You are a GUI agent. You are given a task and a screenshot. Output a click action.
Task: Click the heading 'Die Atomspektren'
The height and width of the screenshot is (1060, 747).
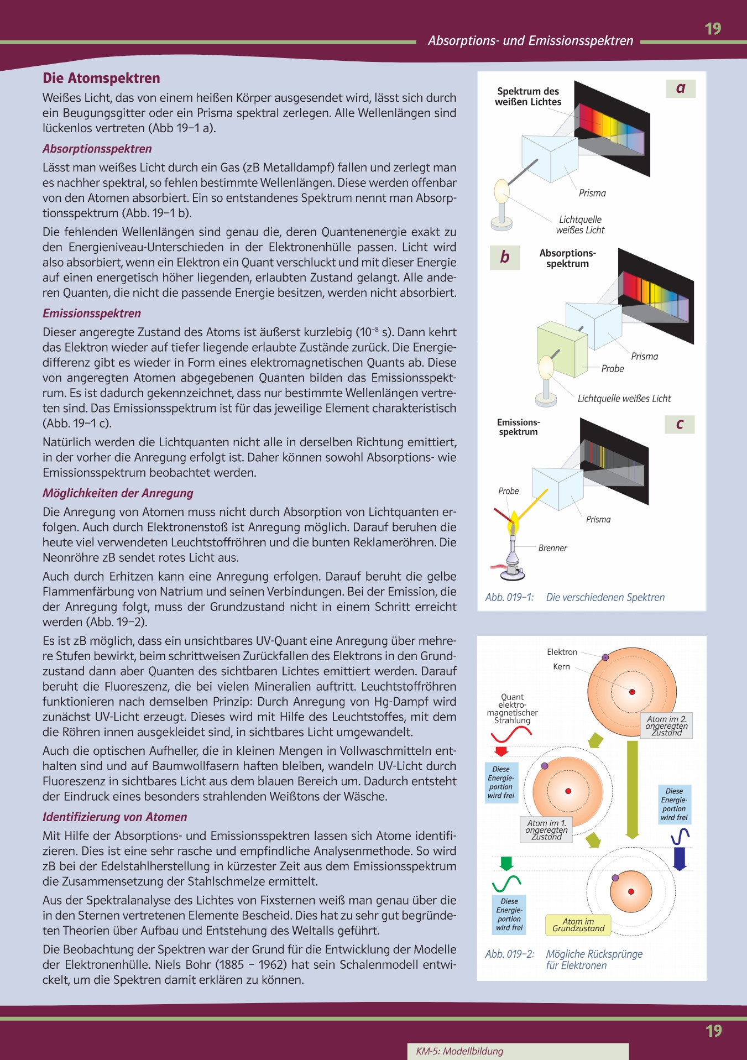[x=101, y=79]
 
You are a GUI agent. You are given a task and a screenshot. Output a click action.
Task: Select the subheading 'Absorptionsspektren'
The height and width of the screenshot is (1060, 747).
[x=97, y=149]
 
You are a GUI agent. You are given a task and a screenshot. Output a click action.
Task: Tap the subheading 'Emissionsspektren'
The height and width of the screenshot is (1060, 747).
[x=92, y=314]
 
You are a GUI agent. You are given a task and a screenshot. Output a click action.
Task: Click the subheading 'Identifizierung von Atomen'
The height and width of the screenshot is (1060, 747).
[x=114, y=817]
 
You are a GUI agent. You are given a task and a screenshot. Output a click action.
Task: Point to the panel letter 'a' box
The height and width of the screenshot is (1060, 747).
[x=681, y=88]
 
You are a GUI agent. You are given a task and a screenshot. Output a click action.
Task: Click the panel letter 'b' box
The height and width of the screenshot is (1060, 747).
[x=505, y=257]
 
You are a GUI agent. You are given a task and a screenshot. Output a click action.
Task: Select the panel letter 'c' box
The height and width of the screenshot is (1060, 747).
[x=680, y=424]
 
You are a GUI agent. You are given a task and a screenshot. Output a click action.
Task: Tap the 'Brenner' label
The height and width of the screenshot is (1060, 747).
[x=552, y=548]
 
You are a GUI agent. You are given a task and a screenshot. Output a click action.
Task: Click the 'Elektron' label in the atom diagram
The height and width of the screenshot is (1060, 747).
[x=562, y=652]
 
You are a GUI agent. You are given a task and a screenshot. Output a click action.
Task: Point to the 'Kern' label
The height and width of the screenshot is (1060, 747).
[x=561, y=667]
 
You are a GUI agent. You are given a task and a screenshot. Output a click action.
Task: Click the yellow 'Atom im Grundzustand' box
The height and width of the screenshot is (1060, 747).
[x=578, y=925]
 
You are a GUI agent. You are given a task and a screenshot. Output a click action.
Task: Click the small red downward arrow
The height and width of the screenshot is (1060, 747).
[x=502, y=751]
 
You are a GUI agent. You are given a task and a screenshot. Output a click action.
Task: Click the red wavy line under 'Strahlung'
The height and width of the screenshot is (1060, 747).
[x=511, y=735]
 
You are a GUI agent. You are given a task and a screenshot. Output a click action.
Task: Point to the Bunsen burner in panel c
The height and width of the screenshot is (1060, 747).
[x=513, y=558]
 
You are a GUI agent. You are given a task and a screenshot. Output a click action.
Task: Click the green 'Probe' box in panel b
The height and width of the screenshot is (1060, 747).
[x=562, y=348]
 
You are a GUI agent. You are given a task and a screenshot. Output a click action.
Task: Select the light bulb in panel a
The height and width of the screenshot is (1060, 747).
[x=502, y=191]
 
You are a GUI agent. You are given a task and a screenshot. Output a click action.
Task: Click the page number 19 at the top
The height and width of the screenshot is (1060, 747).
[x=713, y=29]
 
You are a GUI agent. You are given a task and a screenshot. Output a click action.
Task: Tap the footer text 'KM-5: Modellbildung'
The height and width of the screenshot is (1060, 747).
[x=459, y=1051]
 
